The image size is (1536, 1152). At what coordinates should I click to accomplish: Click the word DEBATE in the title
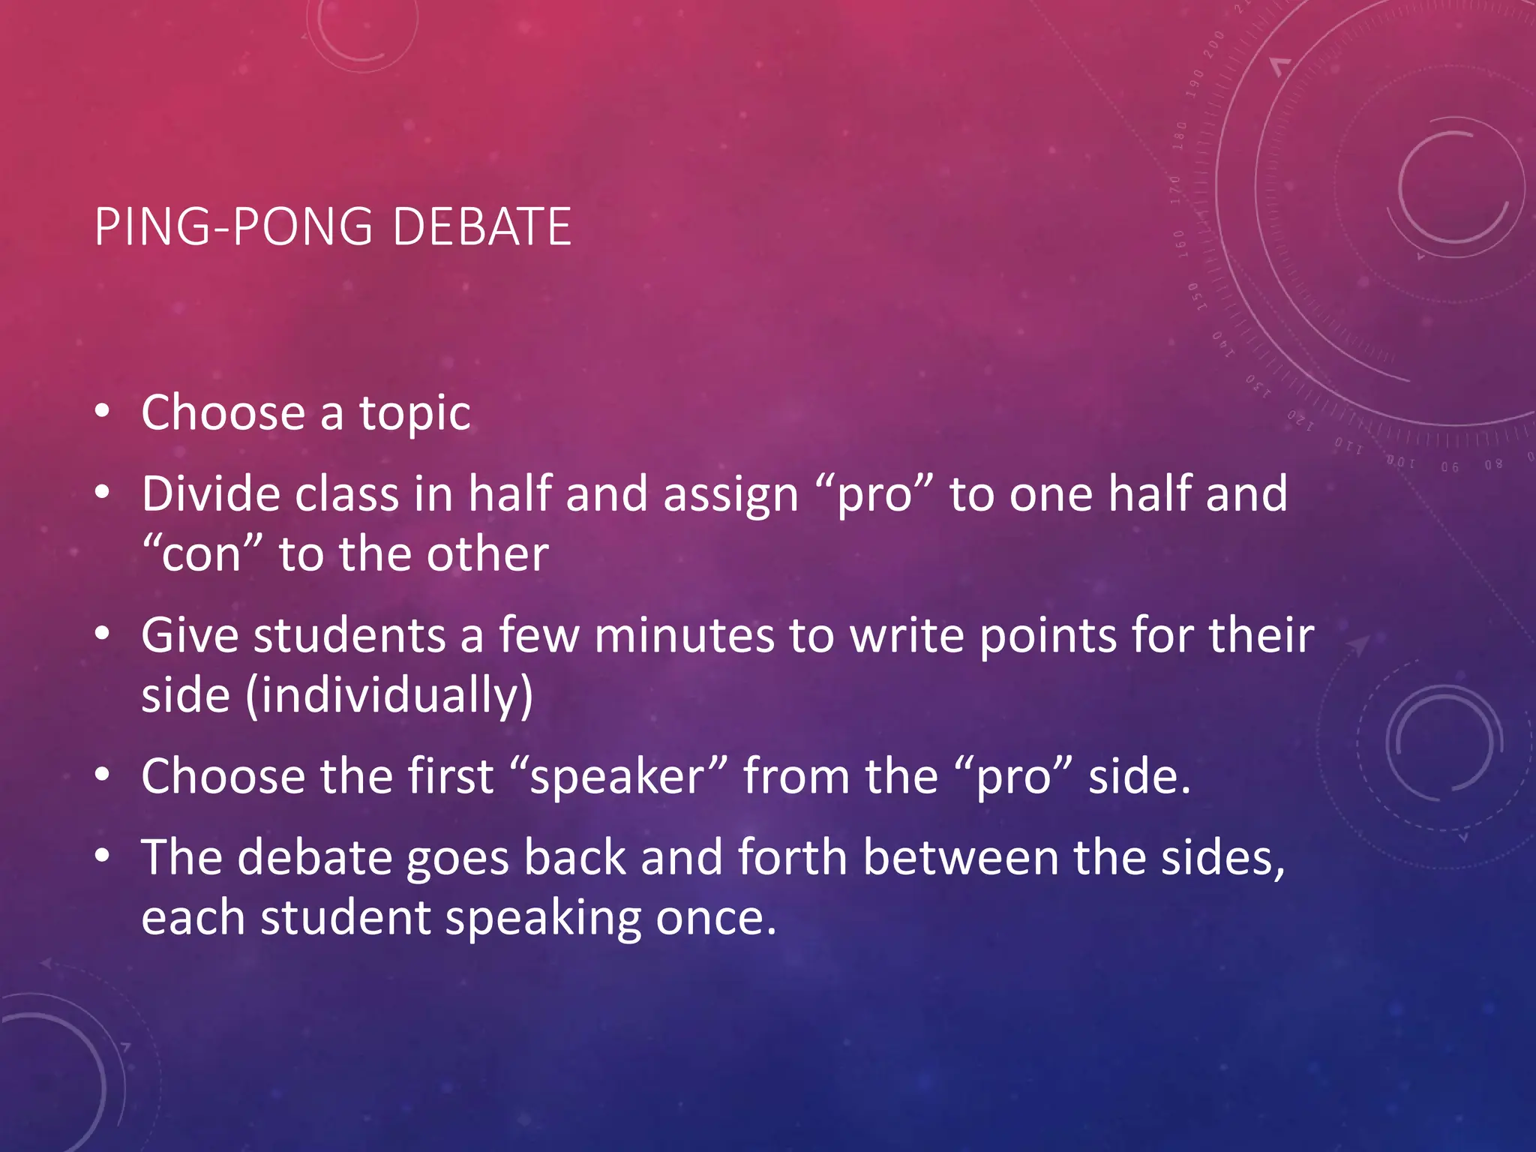point(481,226)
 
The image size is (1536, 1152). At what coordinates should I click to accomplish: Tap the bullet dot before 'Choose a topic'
point(103,411)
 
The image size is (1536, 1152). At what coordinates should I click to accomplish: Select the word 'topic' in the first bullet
point(415,414)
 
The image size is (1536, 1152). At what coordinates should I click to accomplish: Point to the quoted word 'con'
point(202,556)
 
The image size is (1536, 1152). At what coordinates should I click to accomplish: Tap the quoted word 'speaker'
point(617,777)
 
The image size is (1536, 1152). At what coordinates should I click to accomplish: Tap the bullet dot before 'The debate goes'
point(103,855)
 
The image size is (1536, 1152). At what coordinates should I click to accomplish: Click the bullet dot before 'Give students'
point(103,634)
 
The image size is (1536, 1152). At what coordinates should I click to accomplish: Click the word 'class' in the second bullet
point(346,494)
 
